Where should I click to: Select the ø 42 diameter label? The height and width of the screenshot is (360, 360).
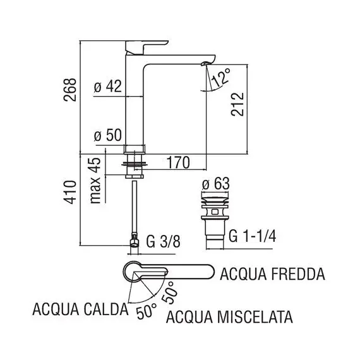point(108,88)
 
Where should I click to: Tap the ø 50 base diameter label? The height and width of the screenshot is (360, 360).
point(108,136)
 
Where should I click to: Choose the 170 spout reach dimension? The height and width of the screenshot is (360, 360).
point(178,162)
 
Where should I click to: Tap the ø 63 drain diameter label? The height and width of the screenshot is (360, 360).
point(212,184)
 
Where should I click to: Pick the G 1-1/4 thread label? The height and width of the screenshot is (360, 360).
point(251,236)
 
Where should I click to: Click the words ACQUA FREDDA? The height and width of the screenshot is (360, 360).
point(272,275)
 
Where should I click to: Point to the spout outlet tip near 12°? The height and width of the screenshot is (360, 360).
point(206,63)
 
